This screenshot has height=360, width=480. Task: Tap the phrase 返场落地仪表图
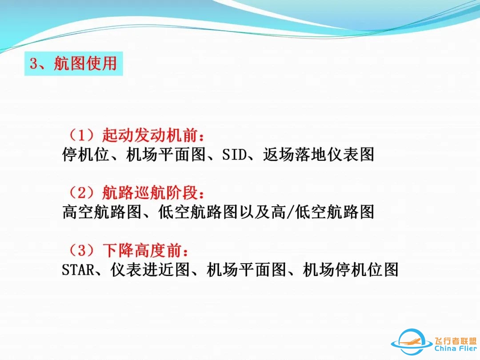click(x=318, y=154)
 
